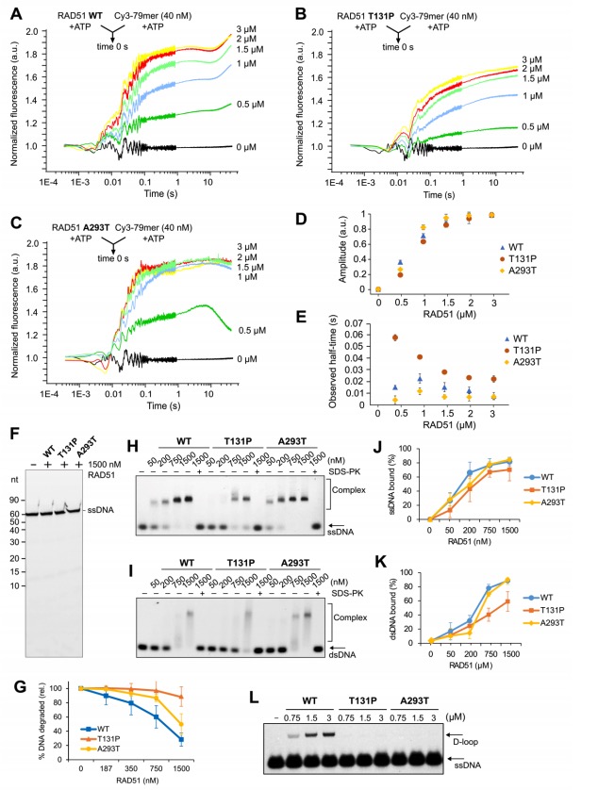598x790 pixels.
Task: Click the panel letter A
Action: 8,9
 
